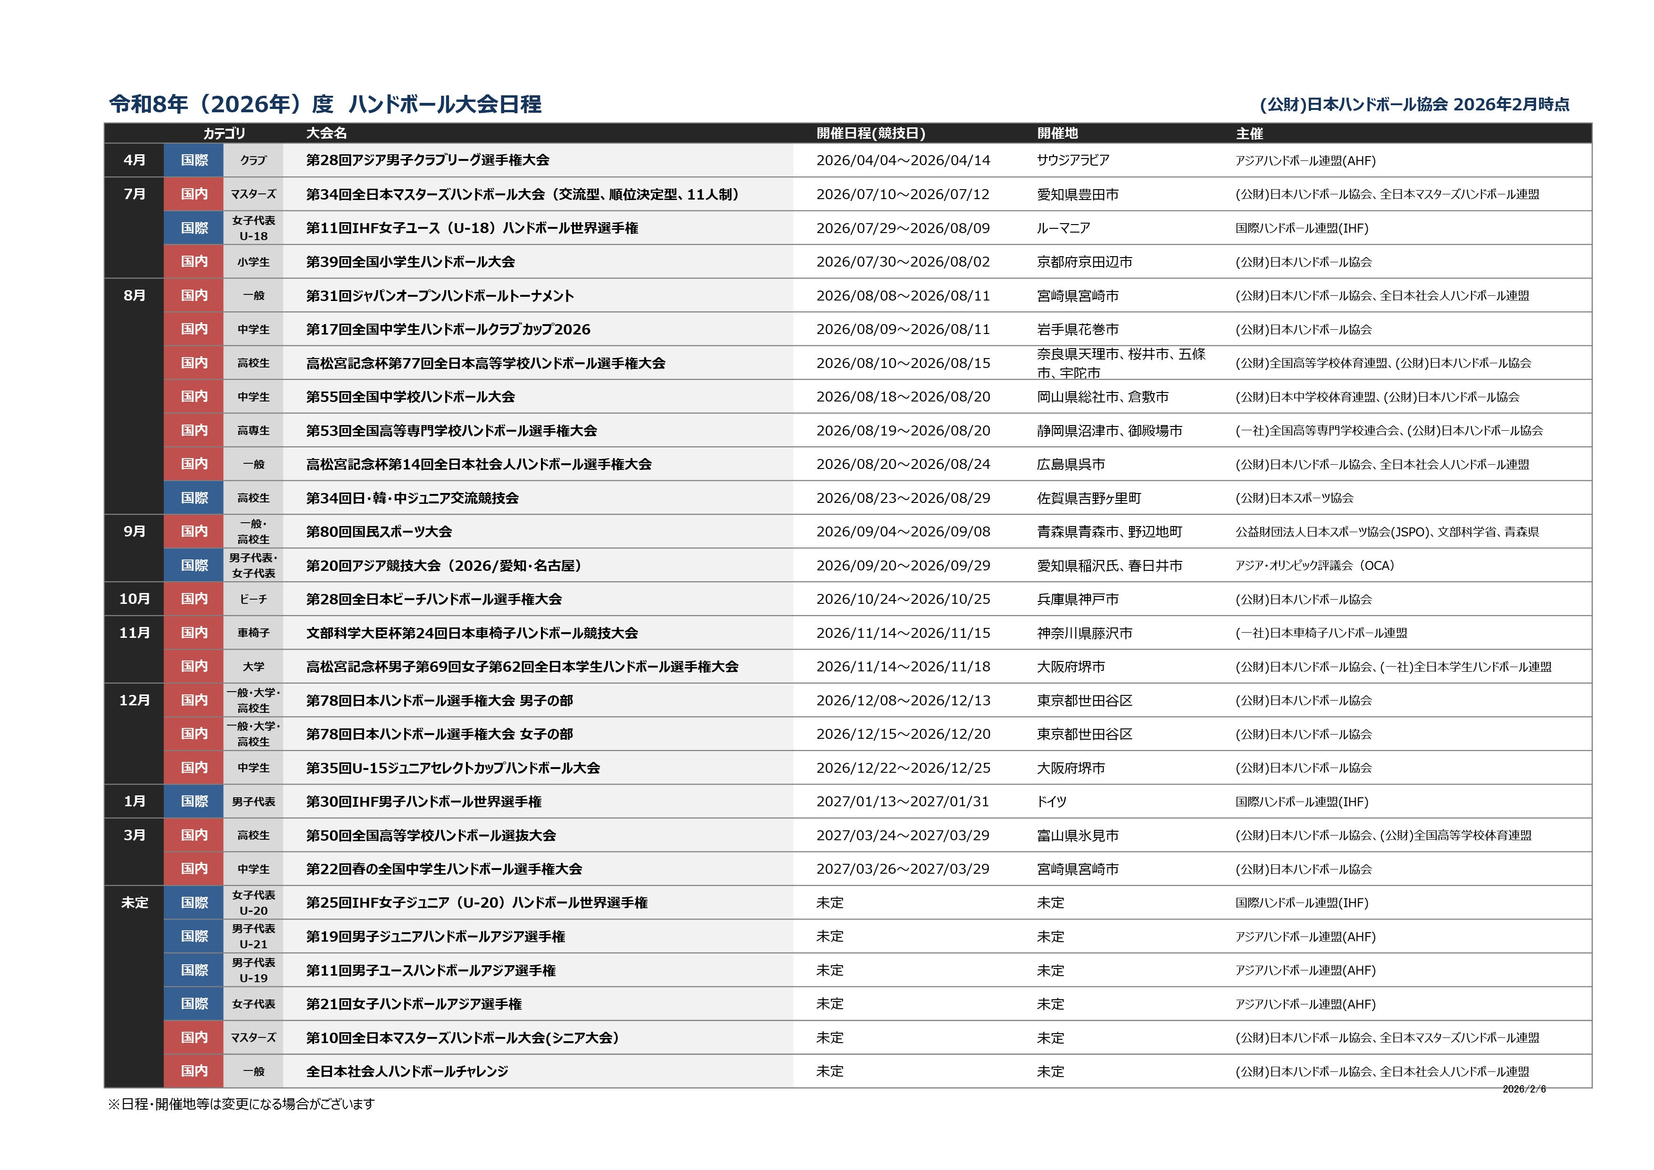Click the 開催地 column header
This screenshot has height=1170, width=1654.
pos(1057,134)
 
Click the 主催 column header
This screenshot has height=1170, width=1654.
pos(1249,134)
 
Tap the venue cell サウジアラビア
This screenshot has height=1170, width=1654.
pos(1072,160)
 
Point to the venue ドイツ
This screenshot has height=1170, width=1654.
pos(1051,801)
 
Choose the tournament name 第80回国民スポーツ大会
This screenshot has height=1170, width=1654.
pos(379,532)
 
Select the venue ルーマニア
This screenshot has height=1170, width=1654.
pos(1063,228)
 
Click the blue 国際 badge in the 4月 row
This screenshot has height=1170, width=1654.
pos(194,160)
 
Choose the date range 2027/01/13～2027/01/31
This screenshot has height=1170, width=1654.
pos(903,801)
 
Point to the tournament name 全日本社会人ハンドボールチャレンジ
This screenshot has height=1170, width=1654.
pos(407,1071)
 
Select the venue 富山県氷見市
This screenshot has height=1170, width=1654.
pos(1078,835)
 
